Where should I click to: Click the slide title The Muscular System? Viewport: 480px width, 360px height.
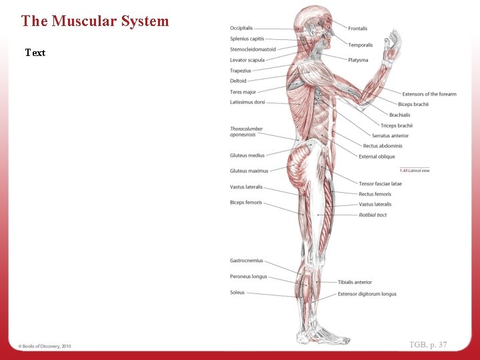[95, 21]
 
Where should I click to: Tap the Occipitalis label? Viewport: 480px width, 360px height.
[241, 28]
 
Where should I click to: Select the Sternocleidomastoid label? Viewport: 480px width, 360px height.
[253, 49]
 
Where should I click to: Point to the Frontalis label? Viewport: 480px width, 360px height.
[357, 29]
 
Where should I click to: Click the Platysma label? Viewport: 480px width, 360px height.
[358, 60]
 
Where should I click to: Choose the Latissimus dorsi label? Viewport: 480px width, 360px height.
[247, 102]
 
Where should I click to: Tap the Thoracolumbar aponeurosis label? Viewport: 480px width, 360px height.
[247, 132]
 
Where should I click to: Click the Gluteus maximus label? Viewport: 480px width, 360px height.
[249, 171]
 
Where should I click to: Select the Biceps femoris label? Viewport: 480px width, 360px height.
[246, 203]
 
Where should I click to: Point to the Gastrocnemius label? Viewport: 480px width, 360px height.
[247, 261]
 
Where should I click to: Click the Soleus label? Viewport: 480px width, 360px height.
[237, 293]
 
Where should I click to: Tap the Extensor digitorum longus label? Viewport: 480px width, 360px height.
[367, 294]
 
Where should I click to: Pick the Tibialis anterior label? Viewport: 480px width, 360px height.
[355, 282]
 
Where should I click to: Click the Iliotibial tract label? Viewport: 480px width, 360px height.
[373, 215]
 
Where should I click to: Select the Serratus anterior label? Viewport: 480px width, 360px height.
[390, 136]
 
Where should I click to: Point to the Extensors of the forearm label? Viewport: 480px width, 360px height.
[429, 94]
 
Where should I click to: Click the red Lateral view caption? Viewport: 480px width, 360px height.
[414, 171]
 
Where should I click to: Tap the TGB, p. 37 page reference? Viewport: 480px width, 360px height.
[428, 345]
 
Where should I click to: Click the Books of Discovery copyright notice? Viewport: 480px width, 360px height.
[45, 346]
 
